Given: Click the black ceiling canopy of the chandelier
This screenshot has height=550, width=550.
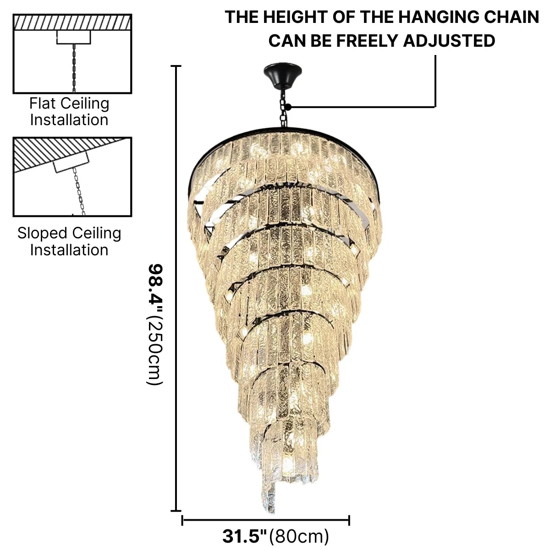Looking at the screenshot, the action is pyautogui.click(x=283, y=75).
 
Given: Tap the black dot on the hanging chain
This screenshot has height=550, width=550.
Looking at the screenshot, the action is pyautogui.click(x=288, y=107).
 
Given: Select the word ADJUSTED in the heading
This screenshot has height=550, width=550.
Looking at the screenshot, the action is pyautogui.click(x=449, y=40).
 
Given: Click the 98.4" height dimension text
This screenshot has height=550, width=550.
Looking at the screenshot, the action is pyautogui.click(x=155, y=289).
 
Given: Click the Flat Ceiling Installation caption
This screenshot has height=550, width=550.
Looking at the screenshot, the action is pyautogui.click(x=69, y=111).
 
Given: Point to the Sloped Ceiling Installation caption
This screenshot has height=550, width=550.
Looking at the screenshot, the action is pyautogui.click(x=69, y=241).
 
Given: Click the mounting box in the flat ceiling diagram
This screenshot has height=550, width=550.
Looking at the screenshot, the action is pyautogui.click(x=74, y=37).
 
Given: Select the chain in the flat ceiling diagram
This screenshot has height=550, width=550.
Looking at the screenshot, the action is pyautogui.click(x=74, y=68).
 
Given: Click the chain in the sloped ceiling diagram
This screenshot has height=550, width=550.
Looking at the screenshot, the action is pyautogui.click(x=79, y=192).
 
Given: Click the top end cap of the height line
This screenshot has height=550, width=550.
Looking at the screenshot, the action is pyautogui.click(x=176, y=66).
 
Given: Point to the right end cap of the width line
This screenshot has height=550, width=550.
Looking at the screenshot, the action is pyautogui.click(x=349, y=520).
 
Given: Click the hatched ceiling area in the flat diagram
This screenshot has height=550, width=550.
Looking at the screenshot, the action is pyautogui.click(x=72, y=22).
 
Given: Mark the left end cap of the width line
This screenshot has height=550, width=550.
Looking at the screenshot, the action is pyautogui.click(x=182, y=520).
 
